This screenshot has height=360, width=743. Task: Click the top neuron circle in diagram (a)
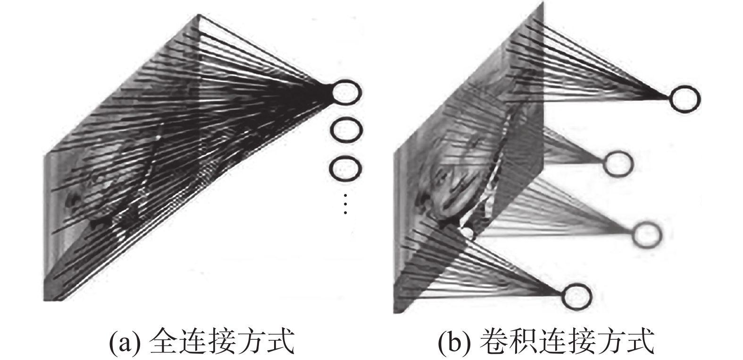[347, 92]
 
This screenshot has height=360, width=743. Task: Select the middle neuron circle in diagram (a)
[347, 130]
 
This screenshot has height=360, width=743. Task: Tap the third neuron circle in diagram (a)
[347, 168]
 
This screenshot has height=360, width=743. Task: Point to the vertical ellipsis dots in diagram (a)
[346, 204]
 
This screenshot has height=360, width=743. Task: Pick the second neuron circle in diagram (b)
[618, 163]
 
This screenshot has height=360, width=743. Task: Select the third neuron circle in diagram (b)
[647, 235]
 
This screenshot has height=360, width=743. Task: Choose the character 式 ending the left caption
[281, 341]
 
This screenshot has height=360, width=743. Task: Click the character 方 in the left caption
[251, 341]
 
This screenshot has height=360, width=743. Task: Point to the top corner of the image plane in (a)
[200, 16]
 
